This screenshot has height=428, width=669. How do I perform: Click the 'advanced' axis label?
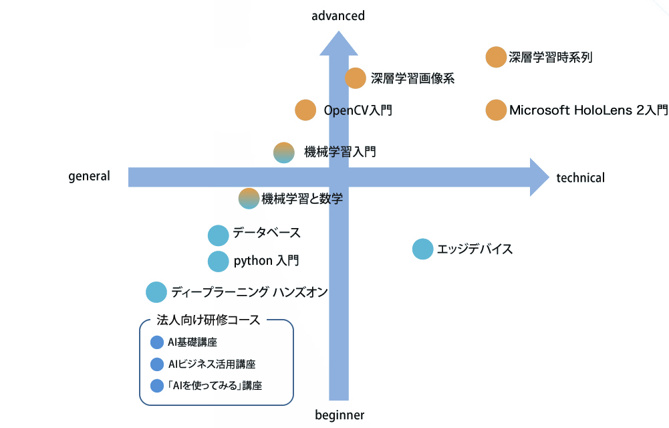point(338,15)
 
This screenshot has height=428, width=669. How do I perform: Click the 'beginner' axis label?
point(340,415)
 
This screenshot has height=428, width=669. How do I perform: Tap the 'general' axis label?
point(89,177)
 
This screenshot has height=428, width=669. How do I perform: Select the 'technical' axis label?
point(580,178)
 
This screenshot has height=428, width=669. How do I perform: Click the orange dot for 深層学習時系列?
point(496,58)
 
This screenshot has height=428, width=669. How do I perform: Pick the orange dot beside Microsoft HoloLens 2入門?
point(496,110)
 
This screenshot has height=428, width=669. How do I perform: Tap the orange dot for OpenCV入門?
point(305,110)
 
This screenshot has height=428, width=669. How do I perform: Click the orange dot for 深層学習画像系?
point(356,78)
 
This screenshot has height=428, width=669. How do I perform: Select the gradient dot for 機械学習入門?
point(284,152)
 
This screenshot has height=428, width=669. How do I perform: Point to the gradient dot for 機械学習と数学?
point(249,198)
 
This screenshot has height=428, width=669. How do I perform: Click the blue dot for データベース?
point(219,235)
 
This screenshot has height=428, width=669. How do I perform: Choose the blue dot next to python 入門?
point(219,261)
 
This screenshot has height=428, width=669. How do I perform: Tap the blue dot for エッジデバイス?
point(422,249)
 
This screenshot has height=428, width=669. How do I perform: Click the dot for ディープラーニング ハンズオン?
point(156,292)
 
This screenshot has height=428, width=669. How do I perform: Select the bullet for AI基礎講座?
point(157,342)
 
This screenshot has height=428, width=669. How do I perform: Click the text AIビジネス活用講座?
point(212,364)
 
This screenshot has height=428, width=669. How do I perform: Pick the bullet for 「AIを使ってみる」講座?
point(157,386)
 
